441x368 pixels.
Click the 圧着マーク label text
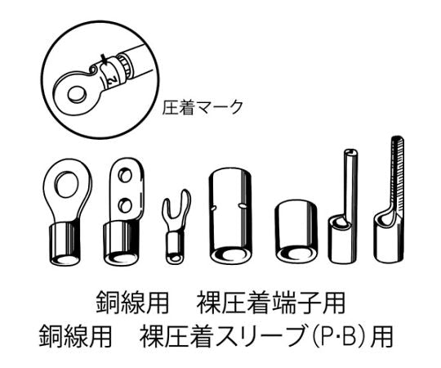pos(203,107)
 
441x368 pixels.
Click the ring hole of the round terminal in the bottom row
pos(67,184)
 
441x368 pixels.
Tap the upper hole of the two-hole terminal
pos(125,176)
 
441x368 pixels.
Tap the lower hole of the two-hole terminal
pos(125,205)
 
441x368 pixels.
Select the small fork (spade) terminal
pos(176,226)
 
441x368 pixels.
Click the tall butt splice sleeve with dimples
pos(230,215)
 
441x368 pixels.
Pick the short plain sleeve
pos(296,231)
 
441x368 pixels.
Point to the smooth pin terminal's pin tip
pos(350,152)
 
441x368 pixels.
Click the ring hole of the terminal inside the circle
pos(77,94)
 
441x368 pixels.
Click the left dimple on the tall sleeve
pos(213,209)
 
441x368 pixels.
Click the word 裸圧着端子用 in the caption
pos(270,303)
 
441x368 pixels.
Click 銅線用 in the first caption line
pos(132,303)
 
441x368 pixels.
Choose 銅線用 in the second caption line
pos(75,336)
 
